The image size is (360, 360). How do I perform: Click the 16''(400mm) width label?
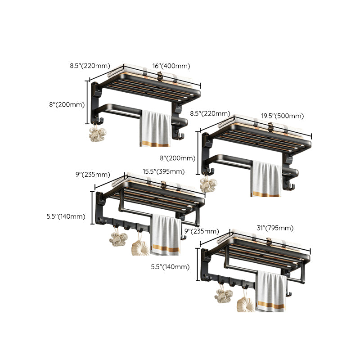[169, 66]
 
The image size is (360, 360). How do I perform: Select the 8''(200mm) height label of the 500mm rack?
[178, 158]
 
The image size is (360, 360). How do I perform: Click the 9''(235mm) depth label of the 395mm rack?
[93, 175]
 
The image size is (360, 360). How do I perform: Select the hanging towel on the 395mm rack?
[166, 235]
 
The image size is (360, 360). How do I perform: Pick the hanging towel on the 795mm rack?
[272, 292]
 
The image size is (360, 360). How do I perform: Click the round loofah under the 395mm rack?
[140, 247]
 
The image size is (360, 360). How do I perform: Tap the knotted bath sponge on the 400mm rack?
[98, 134]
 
